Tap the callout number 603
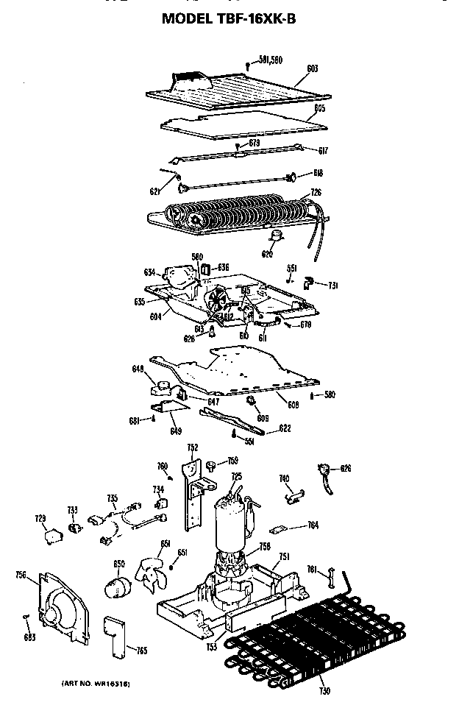point(312,68)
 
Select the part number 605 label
point(319,108)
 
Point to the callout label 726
point(316,193)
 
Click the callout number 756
point(21,575)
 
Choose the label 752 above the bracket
point(192,447)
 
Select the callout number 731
point(332,285)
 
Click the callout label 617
point(322,151)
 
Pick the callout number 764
point(313,525)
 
